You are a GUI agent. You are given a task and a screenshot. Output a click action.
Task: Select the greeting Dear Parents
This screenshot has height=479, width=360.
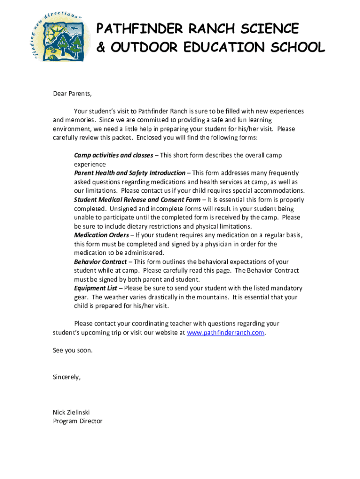click(72, 94)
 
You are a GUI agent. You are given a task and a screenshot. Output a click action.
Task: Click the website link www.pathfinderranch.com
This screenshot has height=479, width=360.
click(225, 333)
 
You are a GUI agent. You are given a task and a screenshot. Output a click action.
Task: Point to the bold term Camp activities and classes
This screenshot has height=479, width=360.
click(114, 155)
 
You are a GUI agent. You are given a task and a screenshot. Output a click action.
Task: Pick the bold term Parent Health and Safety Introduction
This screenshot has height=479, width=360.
click(130, 173)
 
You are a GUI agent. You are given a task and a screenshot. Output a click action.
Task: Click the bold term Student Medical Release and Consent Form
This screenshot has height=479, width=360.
click(137, 200)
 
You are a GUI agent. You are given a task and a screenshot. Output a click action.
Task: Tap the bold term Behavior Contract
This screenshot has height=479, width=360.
click(100, 262)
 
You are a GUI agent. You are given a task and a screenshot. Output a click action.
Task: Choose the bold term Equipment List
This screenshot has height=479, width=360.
click(95, 289)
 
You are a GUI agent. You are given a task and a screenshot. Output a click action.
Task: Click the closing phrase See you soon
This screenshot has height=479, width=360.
click(72, 350)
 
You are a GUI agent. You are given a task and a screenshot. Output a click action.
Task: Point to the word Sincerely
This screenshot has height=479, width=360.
click(66, 377)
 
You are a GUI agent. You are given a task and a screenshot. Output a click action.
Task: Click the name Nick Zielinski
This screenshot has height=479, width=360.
click(71, 413)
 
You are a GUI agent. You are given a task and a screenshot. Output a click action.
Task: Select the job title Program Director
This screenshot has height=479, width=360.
click(78, 421)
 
